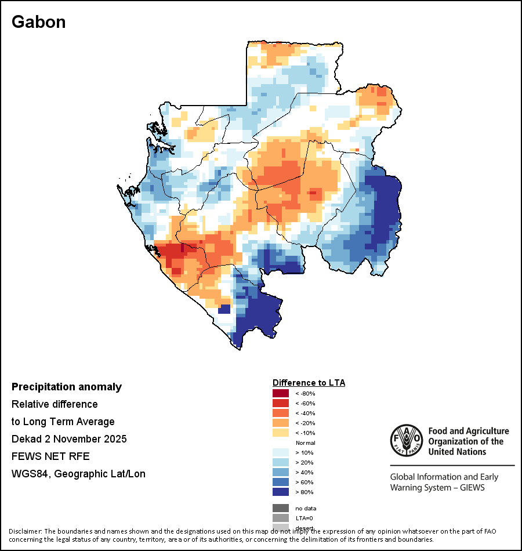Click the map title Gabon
pos(39,22)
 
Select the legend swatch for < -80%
pos(281,393)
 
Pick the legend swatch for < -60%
pos(281,403)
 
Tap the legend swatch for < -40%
pos(281,413)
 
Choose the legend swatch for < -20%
pos(281,423)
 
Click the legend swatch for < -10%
pos(281,433)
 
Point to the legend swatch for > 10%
pos(281,452)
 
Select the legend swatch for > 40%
pos(281,472)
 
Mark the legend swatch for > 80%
pos(281,492)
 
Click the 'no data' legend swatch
pos(281,508)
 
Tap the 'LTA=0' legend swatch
pos(281,518)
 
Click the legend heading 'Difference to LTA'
pos(309,383)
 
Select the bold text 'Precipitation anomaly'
pos(67,387)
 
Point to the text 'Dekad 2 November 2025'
pos(69,438)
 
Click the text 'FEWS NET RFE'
pos(50,456)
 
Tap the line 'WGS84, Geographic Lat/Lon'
pos(78,474)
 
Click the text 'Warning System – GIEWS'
pos(437,487)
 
